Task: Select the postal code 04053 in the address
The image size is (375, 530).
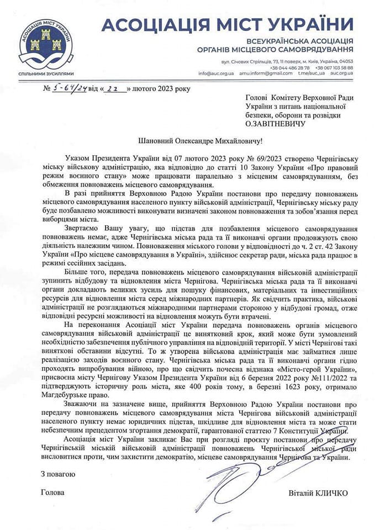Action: [x=346, y=61]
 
